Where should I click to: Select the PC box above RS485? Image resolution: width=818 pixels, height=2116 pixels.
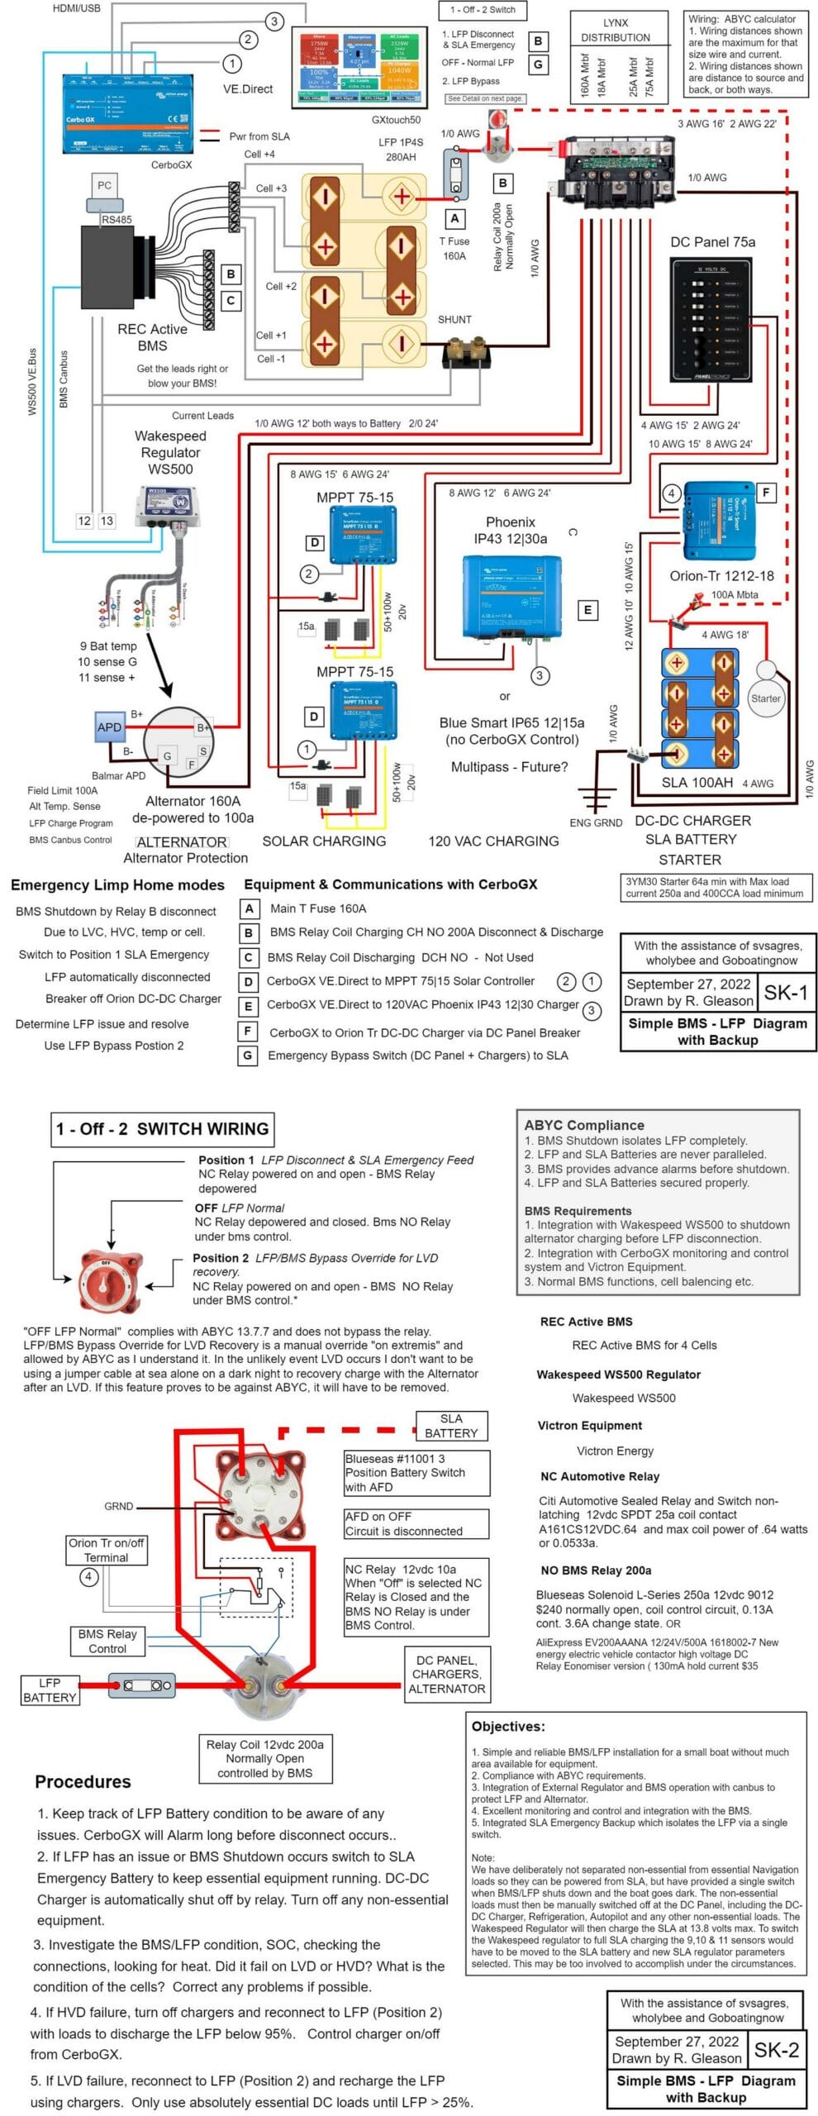click(104, 186)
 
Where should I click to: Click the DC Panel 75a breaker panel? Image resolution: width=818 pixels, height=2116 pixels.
click(711, 320)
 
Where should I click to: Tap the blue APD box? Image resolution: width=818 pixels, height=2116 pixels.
click(109, 727)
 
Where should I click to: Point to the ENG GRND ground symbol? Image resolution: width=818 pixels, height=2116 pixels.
click(596, 798)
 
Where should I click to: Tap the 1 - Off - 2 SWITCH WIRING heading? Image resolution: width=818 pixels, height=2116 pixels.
click(162, 1129)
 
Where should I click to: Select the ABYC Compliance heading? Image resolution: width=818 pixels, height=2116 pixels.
click(584, 1125)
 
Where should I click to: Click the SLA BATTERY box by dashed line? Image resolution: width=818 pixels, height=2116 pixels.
click(451, 1426)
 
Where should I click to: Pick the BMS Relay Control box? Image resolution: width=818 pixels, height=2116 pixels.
click(107, 1641)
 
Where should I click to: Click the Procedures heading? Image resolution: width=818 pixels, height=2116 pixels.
click(83, 1775)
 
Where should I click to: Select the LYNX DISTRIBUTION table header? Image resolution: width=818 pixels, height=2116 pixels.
click(616, 30)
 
